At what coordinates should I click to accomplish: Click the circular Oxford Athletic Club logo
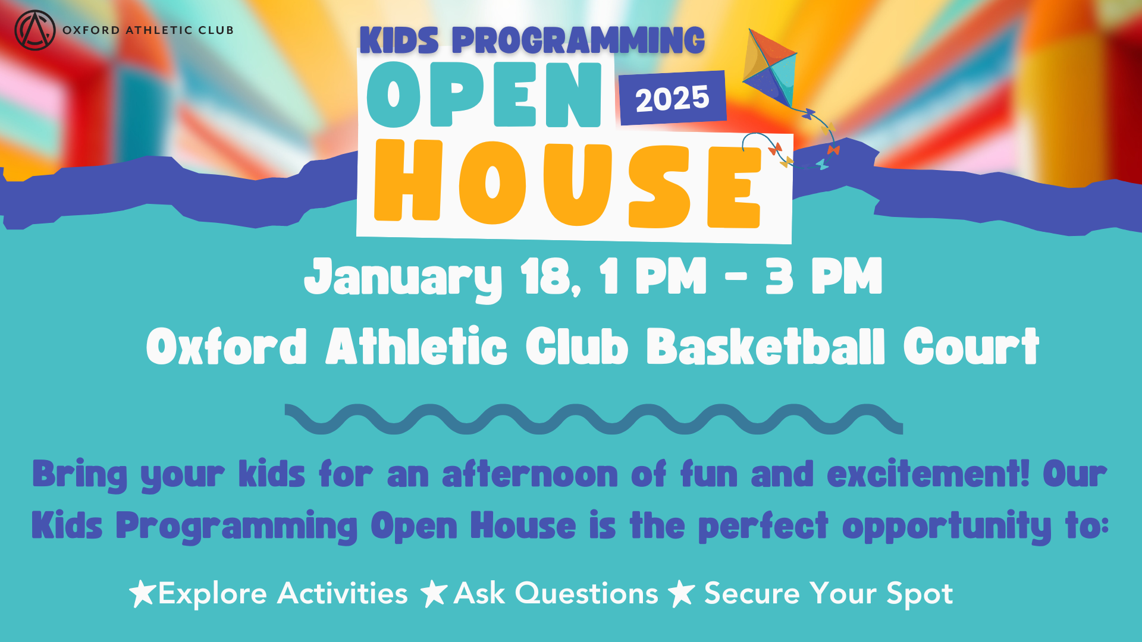tap(35, 30)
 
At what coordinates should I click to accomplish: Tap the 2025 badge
tap(673, 98)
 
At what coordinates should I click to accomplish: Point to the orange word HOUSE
tap(568, 184)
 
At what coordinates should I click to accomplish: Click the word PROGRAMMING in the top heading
tap(578, 41)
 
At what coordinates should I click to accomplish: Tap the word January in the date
tap(404, 278)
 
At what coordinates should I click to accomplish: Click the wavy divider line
tap(594, 419)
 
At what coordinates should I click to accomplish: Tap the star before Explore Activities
tap(143, 593)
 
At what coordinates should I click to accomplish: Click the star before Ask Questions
tap(434, 593)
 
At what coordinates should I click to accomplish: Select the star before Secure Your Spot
tap(682, 593)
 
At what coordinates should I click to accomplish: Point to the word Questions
tap(586, 593)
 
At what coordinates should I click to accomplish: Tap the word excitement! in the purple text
tap(928, 474)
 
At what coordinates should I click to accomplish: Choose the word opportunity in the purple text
tap(947, 527)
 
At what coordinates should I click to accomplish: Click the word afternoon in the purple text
tap(531, 474)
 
